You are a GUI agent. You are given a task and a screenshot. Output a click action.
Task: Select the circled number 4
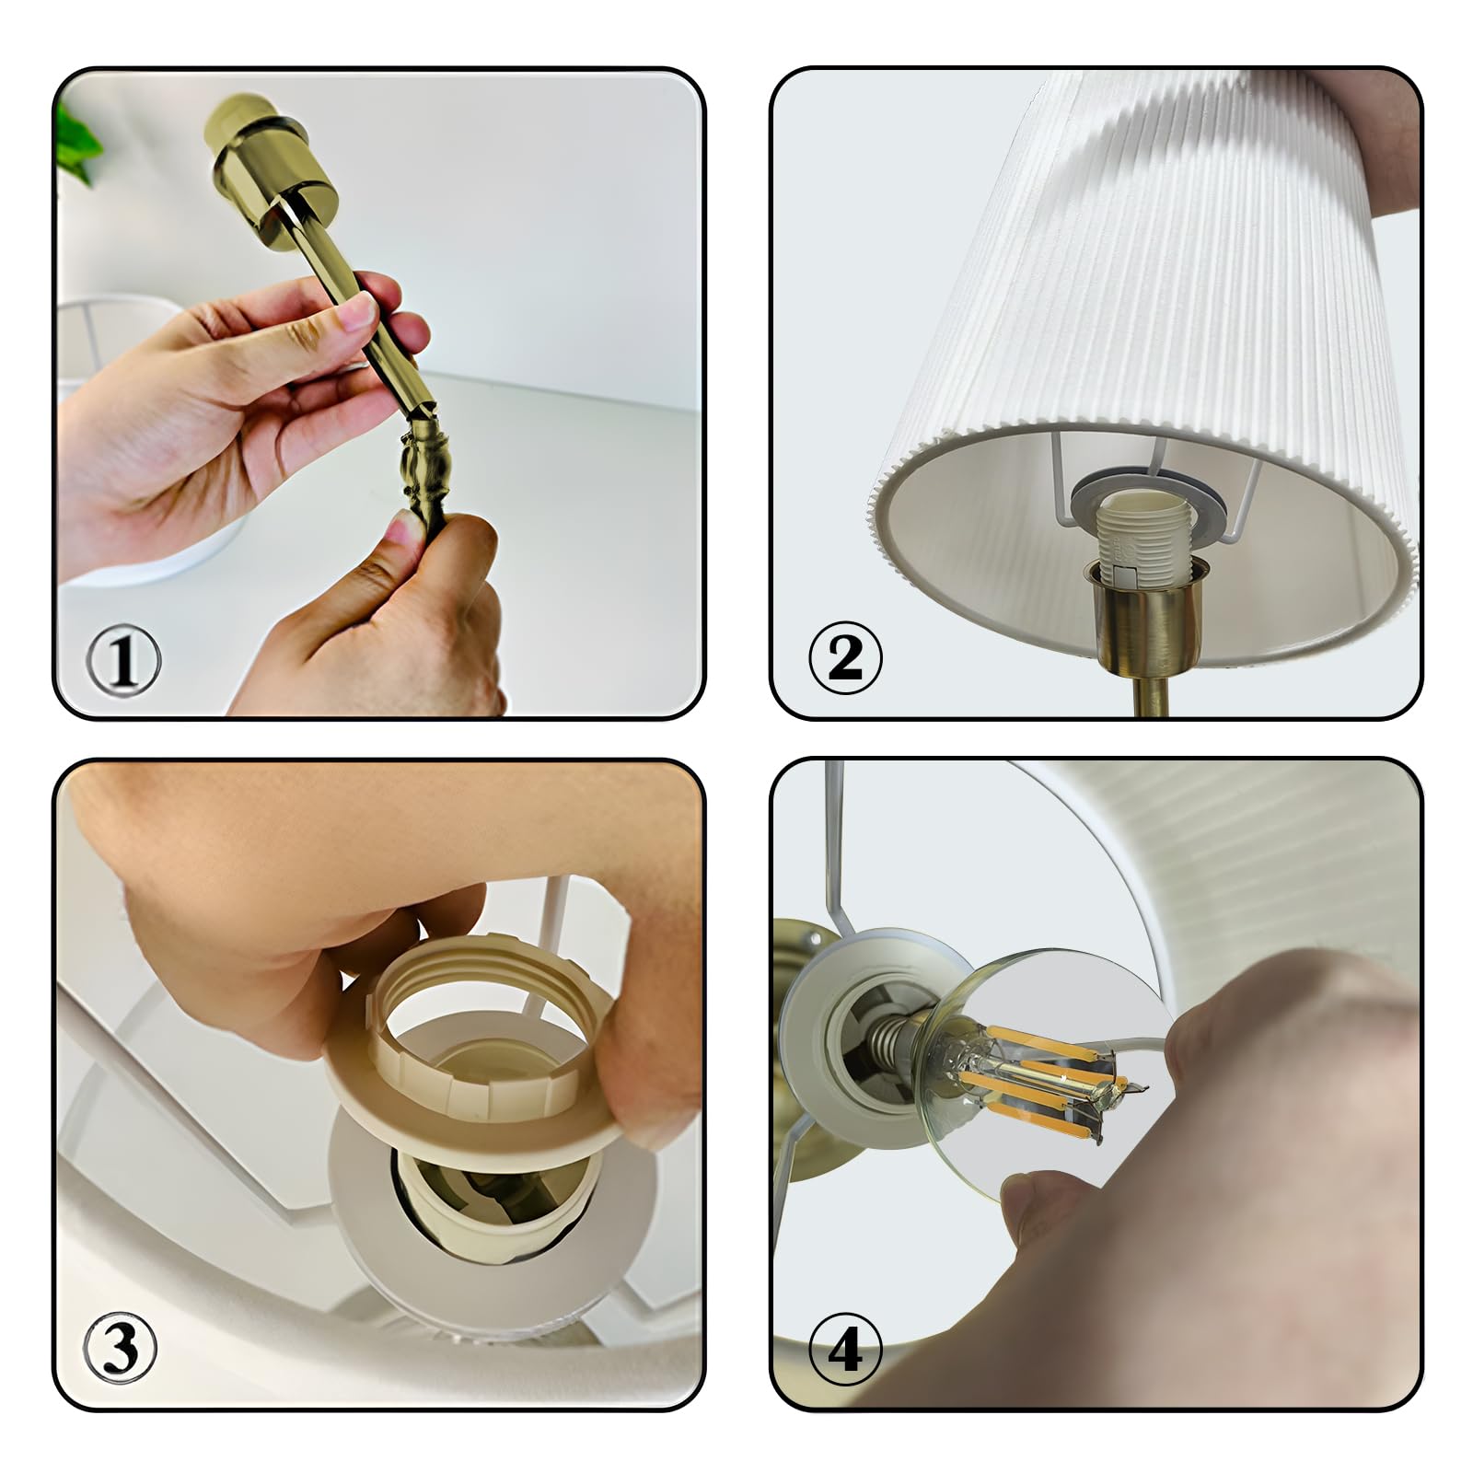(844, 1351)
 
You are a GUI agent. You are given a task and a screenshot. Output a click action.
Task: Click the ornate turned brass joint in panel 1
(423, 480)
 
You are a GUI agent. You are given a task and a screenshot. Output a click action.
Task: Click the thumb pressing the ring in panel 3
(644, 1086)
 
